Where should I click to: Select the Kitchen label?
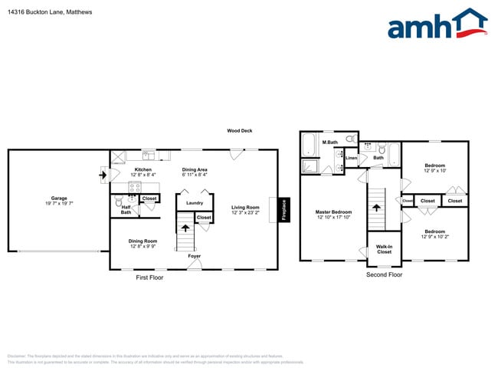(x=143, y=169)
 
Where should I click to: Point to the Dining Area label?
(x=195, y=169)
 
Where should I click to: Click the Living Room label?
(x=246, y=207)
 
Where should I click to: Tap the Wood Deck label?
(x=239, y=131)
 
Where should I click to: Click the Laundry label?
(x=195, y=203)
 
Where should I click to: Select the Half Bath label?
(x=126, y=209)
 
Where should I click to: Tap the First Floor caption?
(x=149, y=277)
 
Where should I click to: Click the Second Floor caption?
(x=384, y=274)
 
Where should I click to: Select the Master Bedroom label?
(x=334, y=212)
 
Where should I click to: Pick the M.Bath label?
(x=330, y=143)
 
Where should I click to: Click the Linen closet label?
(x=351, y=158)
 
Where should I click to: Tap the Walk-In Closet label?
(x=384, y=249)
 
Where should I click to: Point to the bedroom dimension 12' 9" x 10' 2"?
(x=434, y=237)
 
